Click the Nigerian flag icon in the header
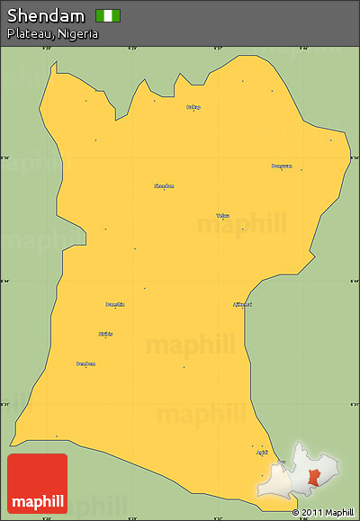(108, 15)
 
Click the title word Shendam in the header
(46, 15)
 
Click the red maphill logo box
(37, 484)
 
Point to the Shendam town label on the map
(164, 185)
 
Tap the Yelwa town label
(222, 215)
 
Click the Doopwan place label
(282, 166)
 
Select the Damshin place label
(115, 304)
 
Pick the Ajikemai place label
(242, 304)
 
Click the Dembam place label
(85, 363)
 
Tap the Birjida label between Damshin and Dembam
(106, 334)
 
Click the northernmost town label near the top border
(193, 106)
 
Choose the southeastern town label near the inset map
(262, 452)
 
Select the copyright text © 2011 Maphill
(322, 512)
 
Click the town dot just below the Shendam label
(164, 190)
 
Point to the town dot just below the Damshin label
(115, 309)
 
